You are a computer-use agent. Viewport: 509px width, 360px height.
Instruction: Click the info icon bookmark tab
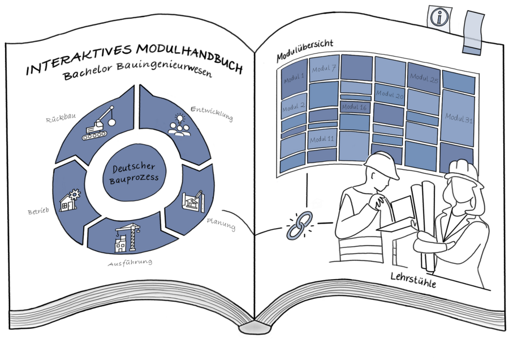(438, 16)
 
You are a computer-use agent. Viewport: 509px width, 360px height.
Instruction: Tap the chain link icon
(297, 225)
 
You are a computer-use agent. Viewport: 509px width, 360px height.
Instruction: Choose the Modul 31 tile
(458, 118)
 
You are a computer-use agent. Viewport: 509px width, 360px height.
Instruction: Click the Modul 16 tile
(355, 107)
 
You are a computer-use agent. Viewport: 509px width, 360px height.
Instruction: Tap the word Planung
(221, 224)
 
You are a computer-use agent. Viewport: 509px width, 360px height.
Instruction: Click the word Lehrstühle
(413, 281)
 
